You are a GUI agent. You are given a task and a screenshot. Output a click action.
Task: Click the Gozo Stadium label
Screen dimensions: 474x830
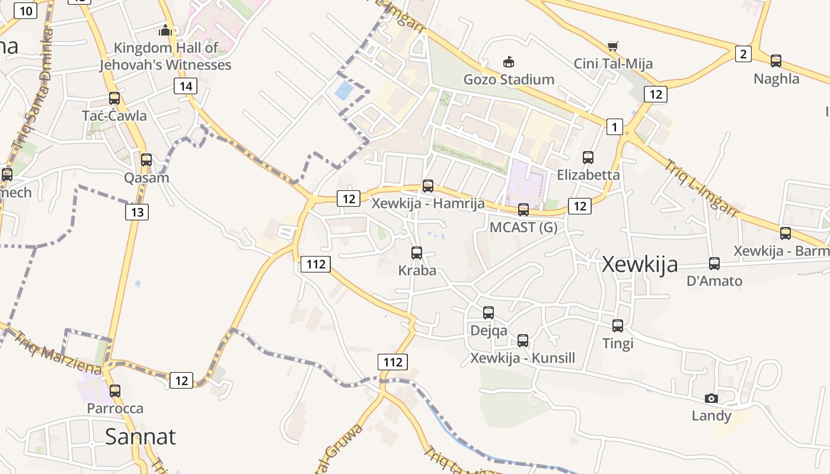point(509,79)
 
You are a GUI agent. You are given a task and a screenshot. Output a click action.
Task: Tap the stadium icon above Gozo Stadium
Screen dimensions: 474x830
point(509,62)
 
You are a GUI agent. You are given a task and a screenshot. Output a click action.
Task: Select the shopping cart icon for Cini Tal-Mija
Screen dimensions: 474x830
point(613,46)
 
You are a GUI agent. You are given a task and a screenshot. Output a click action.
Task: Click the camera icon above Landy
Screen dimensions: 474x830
point(711,398)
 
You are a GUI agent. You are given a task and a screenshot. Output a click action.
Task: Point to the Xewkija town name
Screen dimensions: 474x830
point(640,264)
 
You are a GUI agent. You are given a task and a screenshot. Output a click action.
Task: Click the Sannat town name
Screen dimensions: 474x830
point(141,437)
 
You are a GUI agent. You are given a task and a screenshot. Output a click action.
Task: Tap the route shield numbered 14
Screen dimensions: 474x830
point(186,87)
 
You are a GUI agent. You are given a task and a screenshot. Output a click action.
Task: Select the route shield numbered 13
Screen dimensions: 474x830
point(137,212)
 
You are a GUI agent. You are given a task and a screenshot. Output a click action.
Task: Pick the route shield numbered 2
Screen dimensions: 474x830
point(743,55)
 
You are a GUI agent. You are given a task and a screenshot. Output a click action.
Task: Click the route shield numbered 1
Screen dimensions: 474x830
point(615,126)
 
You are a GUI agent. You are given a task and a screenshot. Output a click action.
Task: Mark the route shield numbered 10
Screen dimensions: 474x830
point(25,9)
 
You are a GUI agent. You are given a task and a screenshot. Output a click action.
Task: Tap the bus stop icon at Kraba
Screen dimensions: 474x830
point(417,253)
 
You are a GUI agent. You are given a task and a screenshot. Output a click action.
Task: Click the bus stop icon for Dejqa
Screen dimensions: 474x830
point(489,312)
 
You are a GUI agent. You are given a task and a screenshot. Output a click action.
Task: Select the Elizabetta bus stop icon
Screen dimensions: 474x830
point(588,157)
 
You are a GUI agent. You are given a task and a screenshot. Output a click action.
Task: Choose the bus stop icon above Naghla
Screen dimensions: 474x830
point(775,60)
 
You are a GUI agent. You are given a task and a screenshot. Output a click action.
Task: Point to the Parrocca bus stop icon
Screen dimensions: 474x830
point(115,391)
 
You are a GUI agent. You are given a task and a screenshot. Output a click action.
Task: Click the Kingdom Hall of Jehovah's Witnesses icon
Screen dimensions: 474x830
point(165,30)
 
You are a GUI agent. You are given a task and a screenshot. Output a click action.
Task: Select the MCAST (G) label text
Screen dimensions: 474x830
point(523,228)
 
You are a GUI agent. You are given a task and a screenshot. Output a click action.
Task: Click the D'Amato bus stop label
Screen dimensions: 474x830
point(714,281)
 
